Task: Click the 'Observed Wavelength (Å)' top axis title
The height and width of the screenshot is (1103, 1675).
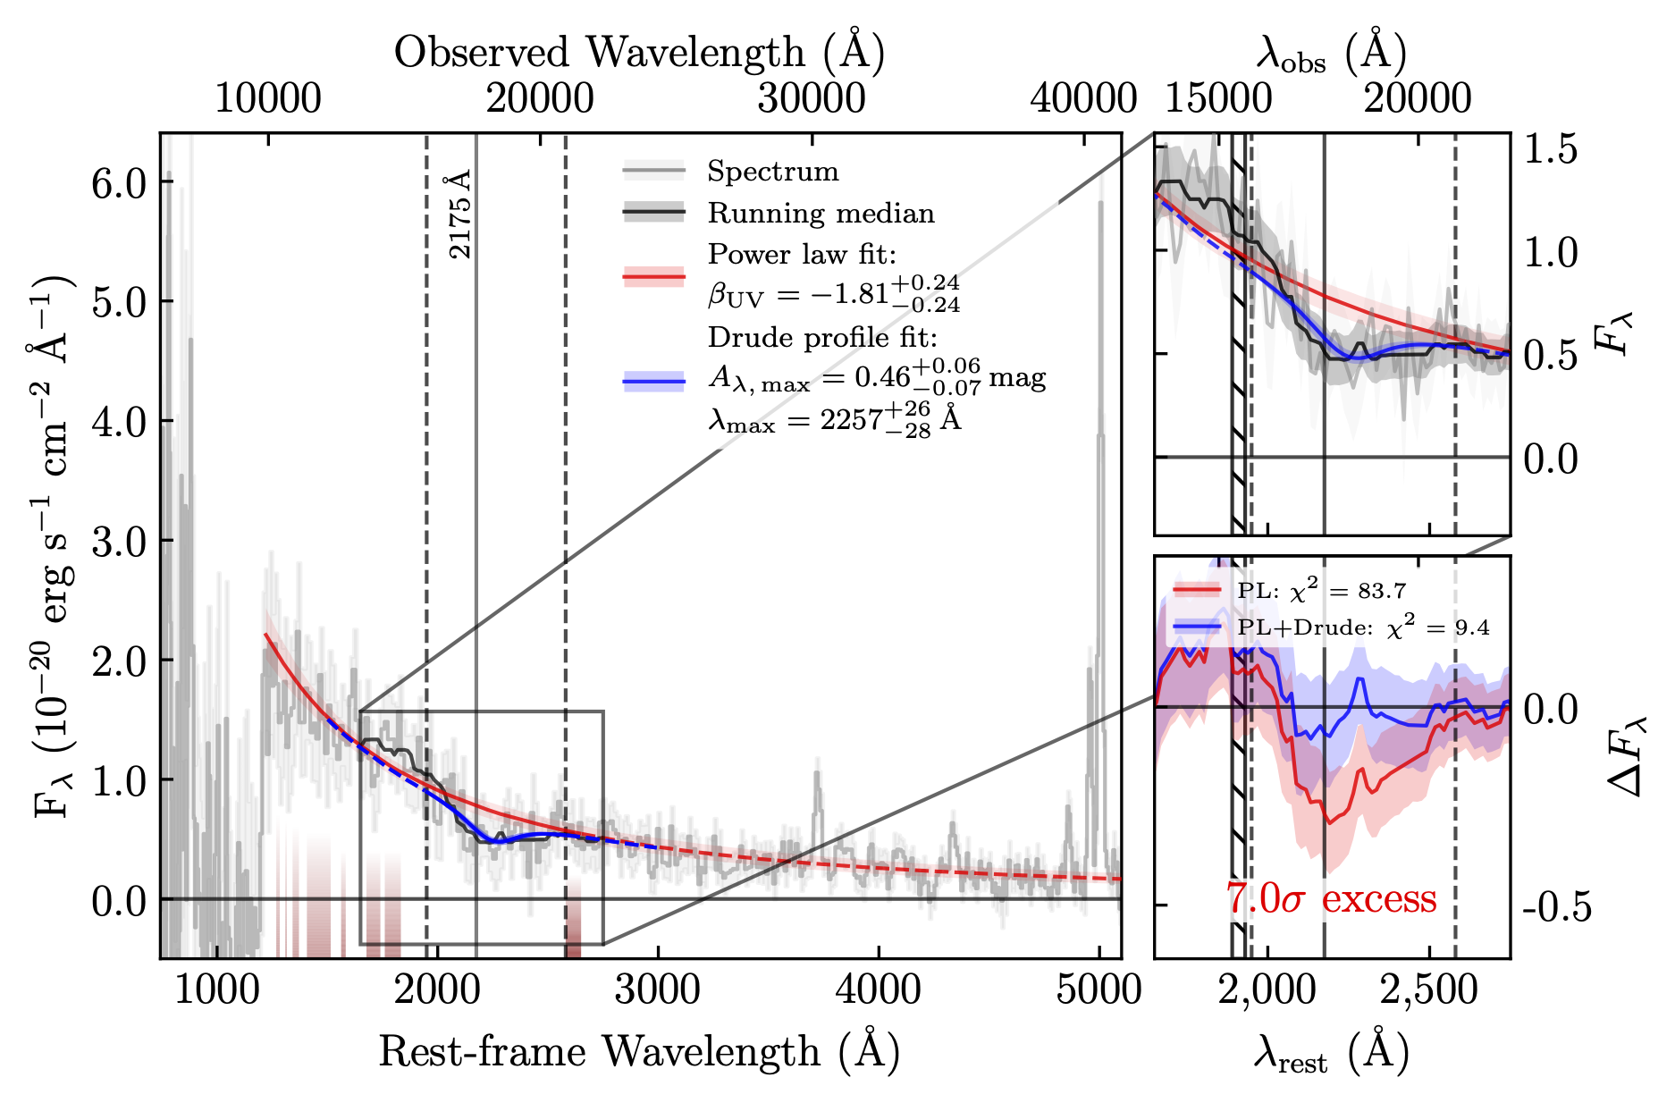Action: [639, 53]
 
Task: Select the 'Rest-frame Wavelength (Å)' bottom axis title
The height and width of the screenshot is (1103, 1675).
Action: [639, 1052]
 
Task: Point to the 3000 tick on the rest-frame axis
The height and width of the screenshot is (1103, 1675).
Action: [658, 990]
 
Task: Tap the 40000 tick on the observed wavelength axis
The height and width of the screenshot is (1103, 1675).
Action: [1083, 97]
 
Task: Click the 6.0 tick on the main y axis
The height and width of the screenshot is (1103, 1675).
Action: [118, 183]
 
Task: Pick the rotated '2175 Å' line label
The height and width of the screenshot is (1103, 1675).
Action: [460, 215]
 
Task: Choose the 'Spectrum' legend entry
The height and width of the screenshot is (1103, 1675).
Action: [772, 171]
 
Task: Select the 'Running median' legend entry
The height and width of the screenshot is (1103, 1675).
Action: [821, 213]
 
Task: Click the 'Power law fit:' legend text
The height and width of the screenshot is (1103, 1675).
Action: [802, 255]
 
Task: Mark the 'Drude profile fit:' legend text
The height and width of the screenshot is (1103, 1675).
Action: [822, 337]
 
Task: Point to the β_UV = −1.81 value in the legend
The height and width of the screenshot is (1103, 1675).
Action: [834, 292]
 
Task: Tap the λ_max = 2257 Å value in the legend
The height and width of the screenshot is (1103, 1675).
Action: [834, 418]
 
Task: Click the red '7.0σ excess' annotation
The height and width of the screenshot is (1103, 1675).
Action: [1331, 899]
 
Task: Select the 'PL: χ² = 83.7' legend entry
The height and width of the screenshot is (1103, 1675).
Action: [1321, 591]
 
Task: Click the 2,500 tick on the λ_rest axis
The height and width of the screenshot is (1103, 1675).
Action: [1429, 990]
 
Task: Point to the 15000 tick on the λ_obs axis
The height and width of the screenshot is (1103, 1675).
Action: [1219, 97]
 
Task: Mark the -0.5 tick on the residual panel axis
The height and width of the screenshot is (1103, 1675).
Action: [1556, 906]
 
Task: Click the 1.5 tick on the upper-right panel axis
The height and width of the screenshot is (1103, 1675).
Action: [1550, 149]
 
